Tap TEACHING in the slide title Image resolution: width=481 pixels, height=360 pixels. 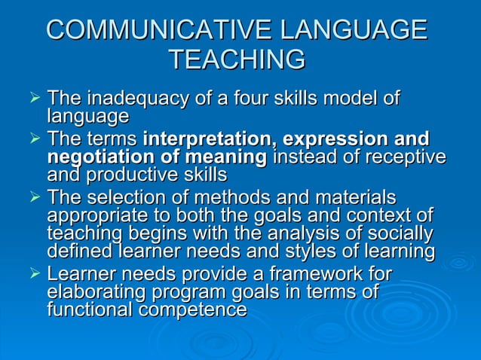coord(237,59)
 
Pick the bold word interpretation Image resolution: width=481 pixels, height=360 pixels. coord(199,139)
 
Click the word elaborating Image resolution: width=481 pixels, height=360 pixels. coord(99,291)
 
